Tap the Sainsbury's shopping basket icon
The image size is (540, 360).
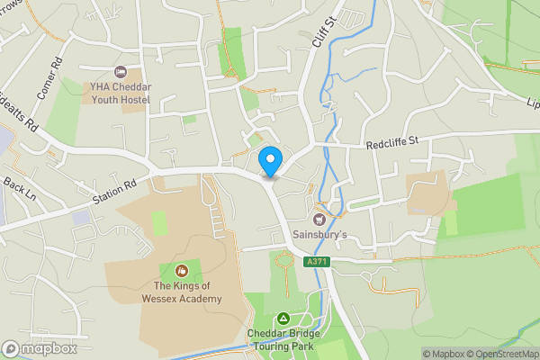[x=319, y=218]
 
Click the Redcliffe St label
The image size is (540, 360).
[x=393, y=143]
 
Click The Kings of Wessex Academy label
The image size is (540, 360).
[x=181, y=292]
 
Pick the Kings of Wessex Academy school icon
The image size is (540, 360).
[x=181, y=270]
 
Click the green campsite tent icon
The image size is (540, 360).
[x=283, y=319]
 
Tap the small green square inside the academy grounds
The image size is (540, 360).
[x=159, y=222]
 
